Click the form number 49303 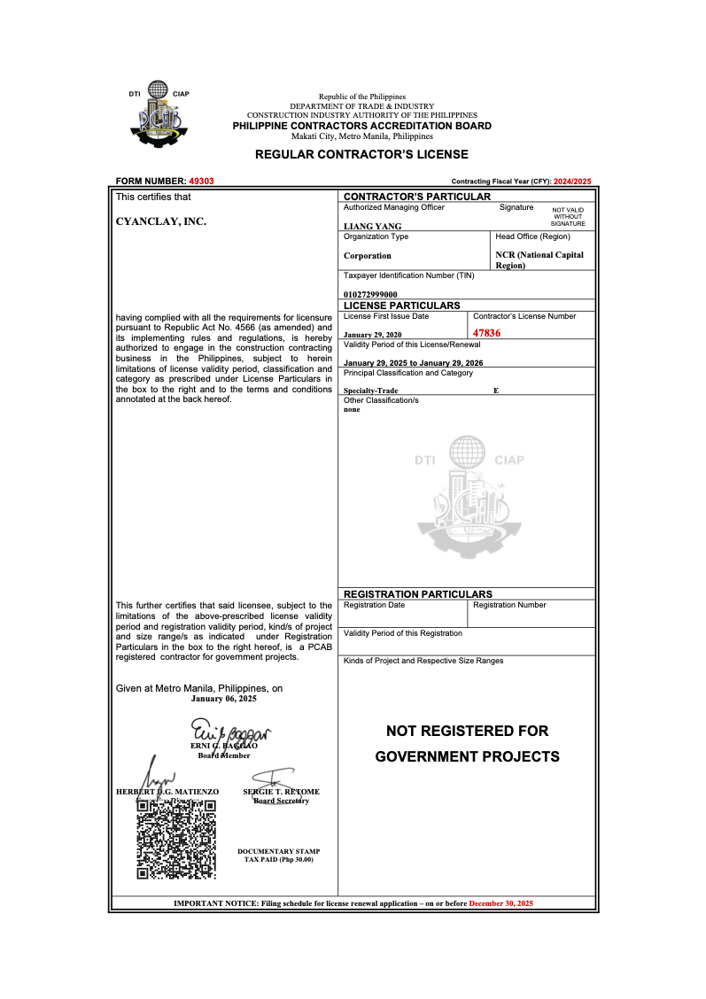coord(201,181)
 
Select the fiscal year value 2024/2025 coord(571,181)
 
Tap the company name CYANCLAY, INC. coord(161,221)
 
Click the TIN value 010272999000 coord(370,294)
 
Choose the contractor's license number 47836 coord(487,333)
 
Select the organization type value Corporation coord(368,256)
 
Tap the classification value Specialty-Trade coord(371,391)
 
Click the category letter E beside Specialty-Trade coord(496,391)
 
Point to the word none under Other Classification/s coord(352,409)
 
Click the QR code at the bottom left coord(176,840)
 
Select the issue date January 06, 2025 coord(224,699)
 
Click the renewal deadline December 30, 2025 coord(501,903)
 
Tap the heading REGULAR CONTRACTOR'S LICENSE coord(361,154)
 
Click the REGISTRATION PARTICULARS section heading coord(417,594)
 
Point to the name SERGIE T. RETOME coord(281,792)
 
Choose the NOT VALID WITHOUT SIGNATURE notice coord(568,217)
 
